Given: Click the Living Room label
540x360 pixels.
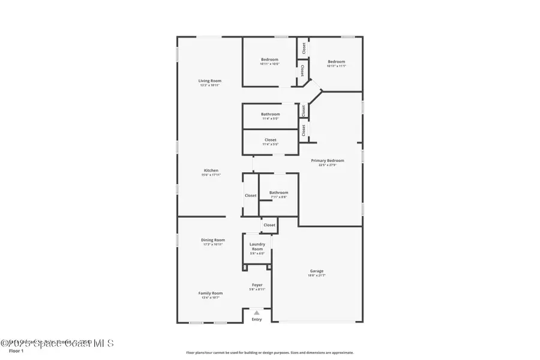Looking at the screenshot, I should (x=211, y=81).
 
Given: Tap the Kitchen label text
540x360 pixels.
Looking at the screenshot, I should (x=211, y=170).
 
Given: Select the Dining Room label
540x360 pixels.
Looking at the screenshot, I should (x=212, y=240).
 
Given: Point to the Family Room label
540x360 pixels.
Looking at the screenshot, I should (x=211, y=293).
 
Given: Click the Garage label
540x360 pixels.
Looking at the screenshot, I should (x=317, y=271).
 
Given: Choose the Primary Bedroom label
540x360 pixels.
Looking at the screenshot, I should (x=327, y=161).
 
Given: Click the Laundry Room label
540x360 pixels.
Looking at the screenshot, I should (x=257, y=247).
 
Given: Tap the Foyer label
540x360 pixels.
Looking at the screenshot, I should (x=257, y=285).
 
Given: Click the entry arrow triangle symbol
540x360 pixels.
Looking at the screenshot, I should (x=257, y=313).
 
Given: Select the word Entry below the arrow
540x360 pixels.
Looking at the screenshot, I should (x=257, y=319).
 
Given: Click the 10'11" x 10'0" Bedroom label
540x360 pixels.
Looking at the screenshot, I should (x=269, y=59).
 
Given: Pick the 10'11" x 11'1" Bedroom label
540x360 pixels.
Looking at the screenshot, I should (x=336, y=62).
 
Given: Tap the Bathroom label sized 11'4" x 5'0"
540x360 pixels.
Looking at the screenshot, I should (x=270, y=114).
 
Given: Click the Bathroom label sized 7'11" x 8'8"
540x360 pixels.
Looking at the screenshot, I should (x=278, y=193).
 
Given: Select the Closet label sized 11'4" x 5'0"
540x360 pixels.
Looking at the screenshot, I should (x=270, y=140).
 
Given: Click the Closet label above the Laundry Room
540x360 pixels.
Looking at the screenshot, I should (x=269, y=225).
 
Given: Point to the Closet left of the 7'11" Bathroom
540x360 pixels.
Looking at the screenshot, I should (x=250, y=195).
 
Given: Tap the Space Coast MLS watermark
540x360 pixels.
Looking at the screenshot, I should (x=57, y=343).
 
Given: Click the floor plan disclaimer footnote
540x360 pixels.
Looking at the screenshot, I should (x=269, y=353).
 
